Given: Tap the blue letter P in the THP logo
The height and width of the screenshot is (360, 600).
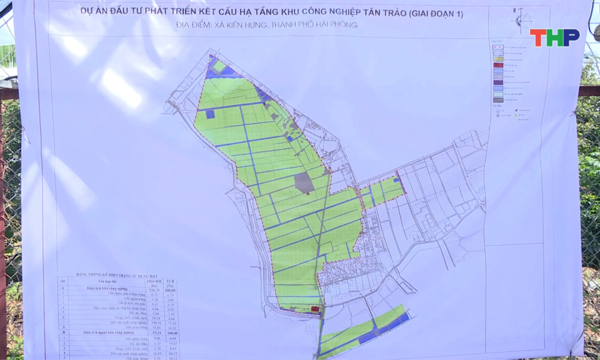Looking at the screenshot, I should click(x=571, y=37).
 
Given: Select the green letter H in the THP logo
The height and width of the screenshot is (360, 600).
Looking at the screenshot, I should click(x=554, y=37).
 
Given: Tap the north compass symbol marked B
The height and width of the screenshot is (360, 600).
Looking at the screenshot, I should click(x=519, y=19).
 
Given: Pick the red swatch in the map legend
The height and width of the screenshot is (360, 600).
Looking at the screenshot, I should click(x=497, y=65).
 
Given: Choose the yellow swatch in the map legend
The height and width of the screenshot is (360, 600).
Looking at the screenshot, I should click(x=497, y=59).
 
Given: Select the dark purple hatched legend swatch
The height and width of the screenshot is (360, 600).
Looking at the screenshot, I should click(x=497, y=82).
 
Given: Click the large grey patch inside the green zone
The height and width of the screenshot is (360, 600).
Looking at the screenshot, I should click(x=304, y=182).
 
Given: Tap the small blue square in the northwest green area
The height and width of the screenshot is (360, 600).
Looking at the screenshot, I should click(x=210, y=114).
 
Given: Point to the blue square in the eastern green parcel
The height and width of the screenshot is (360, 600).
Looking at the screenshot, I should click(x=396, y=180).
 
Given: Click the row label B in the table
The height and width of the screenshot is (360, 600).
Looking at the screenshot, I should click(x=63, y=333).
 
